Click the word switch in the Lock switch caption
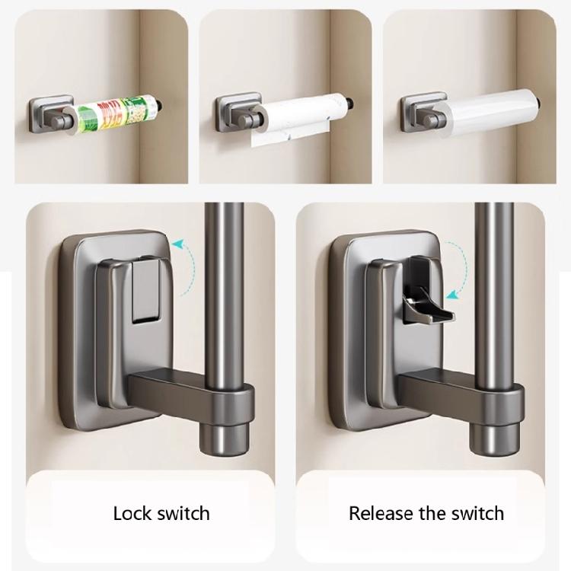183,512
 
